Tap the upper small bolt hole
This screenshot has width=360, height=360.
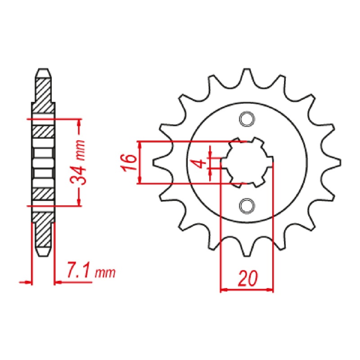click(246, 119)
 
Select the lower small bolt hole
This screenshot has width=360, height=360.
click(246, 205)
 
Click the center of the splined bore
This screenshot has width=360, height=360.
click(247, 162)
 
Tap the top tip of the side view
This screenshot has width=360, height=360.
click(43, 71)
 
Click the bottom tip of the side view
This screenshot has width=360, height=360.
click(43, 254)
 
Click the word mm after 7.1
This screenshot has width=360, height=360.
click(106, 273)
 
